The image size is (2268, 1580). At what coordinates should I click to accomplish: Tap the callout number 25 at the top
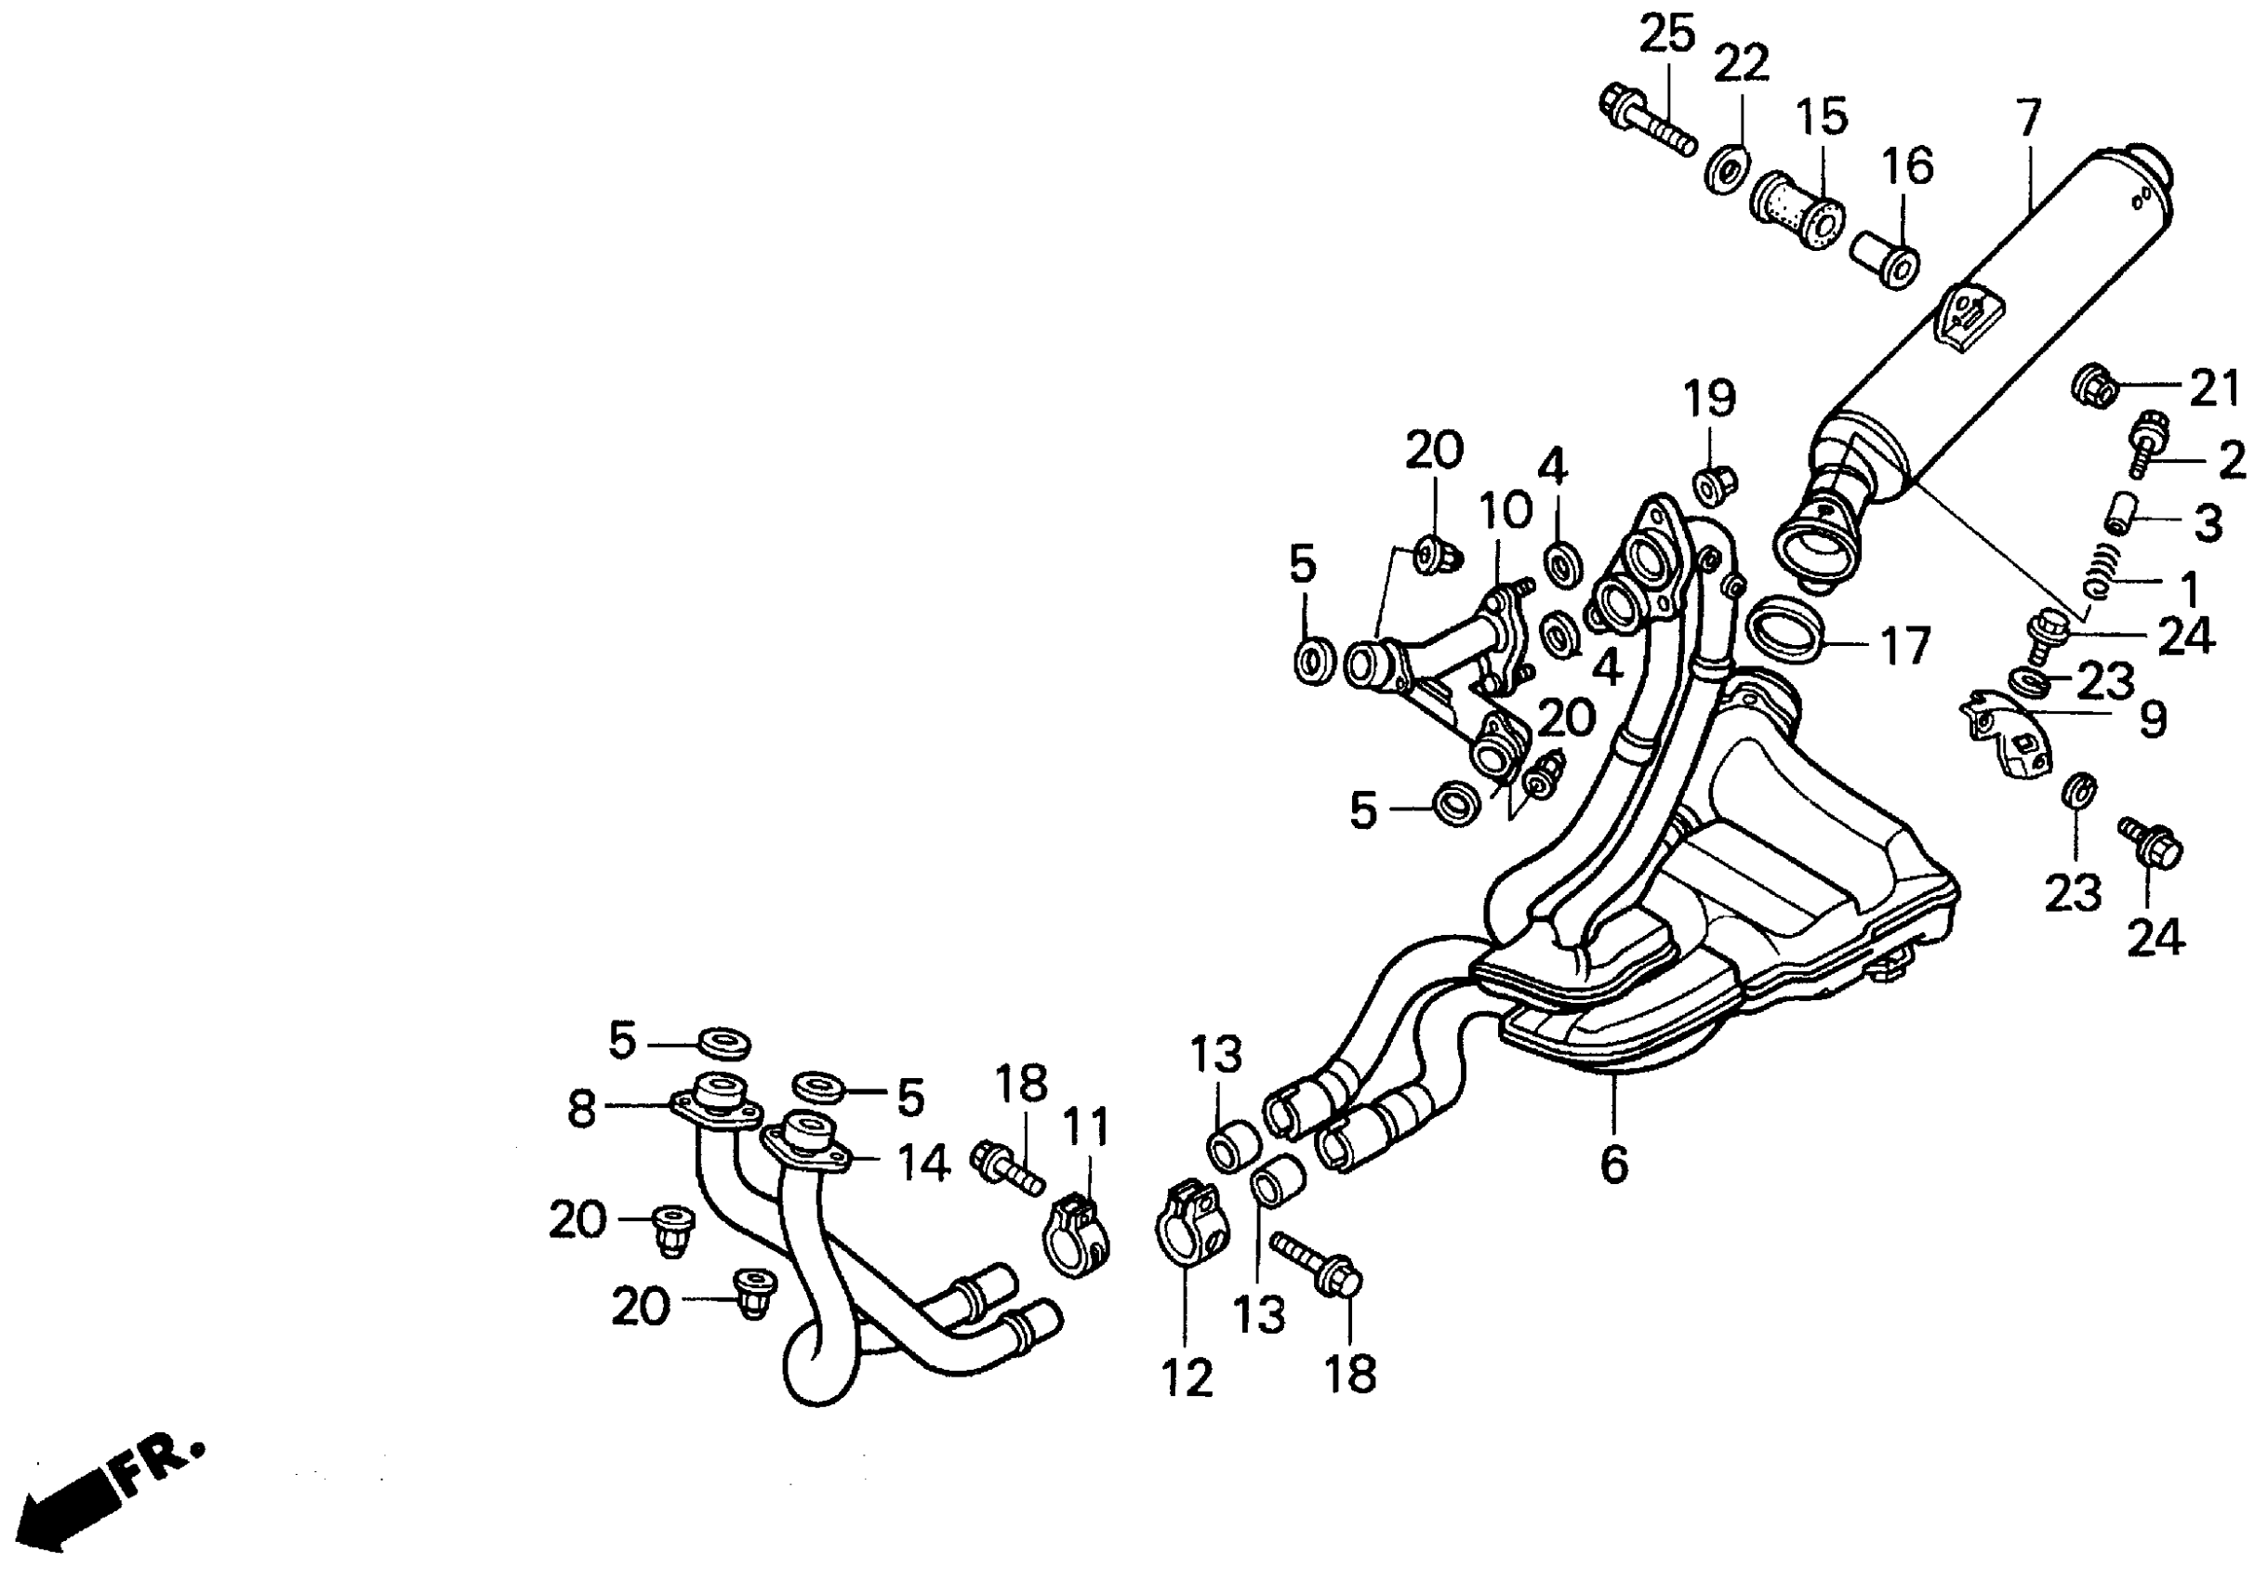tap(1667, 34)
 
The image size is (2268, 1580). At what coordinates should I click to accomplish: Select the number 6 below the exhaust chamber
tap(1613, 1165)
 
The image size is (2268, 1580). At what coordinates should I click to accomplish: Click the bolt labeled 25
tap(1646, 125)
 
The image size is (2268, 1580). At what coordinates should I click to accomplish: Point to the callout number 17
tap(1903, 647)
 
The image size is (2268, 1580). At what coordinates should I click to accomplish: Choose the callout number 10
tap(1505, 511)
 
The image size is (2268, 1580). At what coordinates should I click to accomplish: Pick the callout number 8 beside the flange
tap(582, 1109)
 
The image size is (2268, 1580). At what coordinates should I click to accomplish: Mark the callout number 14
tap(922, 1164)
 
